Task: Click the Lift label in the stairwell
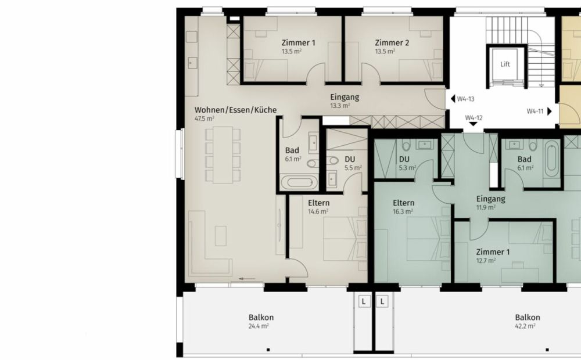pos(505,64)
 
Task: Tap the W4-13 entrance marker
pos(462,99)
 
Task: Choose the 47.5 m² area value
pos(205,118)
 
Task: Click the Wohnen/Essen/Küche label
pos(235,110)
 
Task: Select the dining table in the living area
pos(223,155)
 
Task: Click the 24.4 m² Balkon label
pos(261,318)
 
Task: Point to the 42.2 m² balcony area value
pos(527,326)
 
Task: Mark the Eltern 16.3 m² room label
pos(403,203)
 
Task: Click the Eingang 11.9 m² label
pos(490,199)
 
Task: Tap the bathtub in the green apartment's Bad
pos(551,158)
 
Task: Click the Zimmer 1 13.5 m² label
pos(299,43)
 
